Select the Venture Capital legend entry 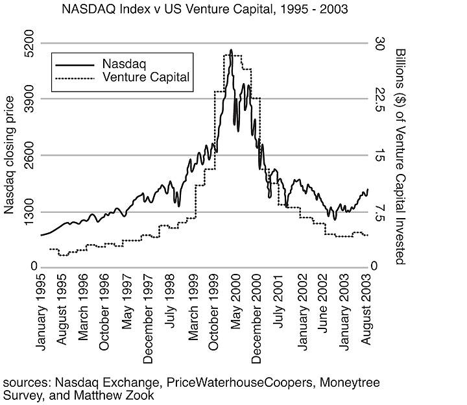coord(145,77)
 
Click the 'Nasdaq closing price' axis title coord(9,154)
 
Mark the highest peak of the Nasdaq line coord(231,50)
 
